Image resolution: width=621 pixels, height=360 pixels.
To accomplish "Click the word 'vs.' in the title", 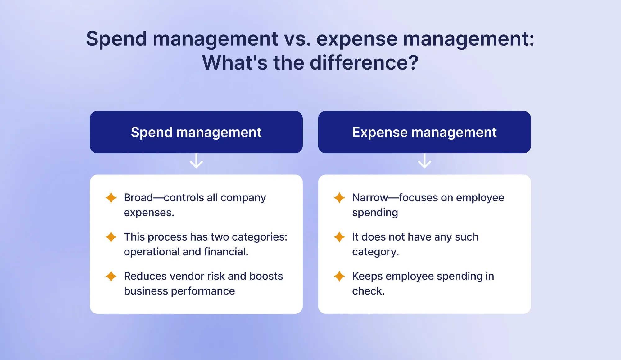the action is tap(297, 39).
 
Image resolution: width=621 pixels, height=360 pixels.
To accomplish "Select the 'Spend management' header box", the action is tap(196, 132).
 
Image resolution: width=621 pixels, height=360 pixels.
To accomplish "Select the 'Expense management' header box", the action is tap(424, 132).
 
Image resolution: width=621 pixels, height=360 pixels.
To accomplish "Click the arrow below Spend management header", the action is tap(196, 161).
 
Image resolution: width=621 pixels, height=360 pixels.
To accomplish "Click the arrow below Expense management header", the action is tap(424, 161).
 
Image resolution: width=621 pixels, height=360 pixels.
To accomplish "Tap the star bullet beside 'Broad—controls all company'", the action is tap(111, 198).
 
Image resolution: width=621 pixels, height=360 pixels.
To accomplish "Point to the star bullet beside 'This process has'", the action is tap(111, 237).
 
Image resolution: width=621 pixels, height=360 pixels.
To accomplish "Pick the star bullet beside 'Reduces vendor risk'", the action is tap(111, 276).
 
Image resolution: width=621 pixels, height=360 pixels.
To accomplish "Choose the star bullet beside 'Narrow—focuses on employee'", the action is tap(339, 198).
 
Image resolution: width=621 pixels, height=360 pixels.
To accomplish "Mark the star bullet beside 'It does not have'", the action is tap(339, 237).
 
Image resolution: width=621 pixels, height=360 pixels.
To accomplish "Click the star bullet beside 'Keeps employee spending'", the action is tap(339, 276).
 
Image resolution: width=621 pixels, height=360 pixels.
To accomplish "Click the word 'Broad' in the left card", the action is tap(138, 198).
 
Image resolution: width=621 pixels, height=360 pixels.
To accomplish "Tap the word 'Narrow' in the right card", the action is tap(370, 198).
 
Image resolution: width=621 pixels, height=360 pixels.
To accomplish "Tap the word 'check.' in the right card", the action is tap(368, 291).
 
